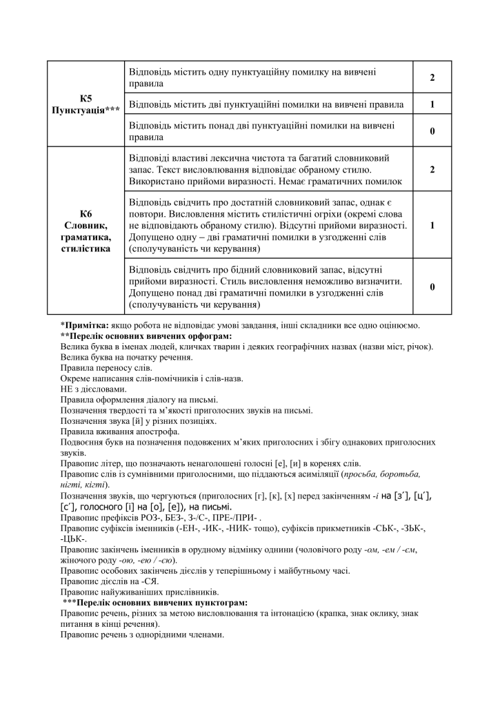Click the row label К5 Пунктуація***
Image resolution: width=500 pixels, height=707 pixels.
[x=86, y=104]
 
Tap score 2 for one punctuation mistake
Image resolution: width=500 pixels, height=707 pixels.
[x=432, y=77]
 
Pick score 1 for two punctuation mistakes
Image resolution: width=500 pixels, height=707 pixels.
[x=432, y=104]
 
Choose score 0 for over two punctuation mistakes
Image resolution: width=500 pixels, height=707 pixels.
[x=432, y=131]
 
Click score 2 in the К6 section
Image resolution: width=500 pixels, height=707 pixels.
[x=432, y=169]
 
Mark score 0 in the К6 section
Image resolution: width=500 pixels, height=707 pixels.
[x=432, y=287]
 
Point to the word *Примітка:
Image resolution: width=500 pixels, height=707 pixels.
[x=84, y=325]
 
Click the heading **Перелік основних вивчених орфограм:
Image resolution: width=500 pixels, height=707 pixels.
[x=146, y=336]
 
